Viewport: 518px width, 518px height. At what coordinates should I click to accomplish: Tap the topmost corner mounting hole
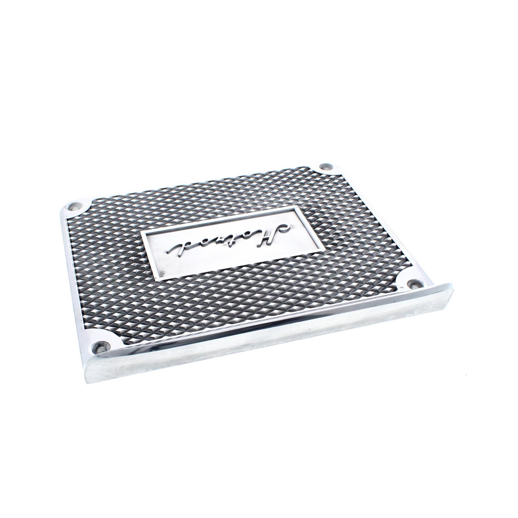coord(324,167)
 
